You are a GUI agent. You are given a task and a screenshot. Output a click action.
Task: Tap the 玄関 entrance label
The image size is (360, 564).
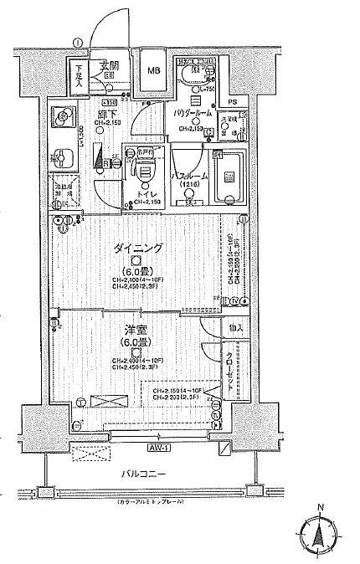click(x=109, y=64)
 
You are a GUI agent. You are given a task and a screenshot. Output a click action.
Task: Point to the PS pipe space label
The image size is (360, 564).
click(x=233, y=101)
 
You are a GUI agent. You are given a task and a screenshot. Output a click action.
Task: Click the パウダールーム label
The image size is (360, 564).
click(x=193, y=112)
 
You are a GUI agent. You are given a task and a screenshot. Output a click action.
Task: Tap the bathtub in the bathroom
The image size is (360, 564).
click(x=227, y=177)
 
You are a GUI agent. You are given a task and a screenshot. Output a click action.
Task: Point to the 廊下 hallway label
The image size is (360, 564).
click(x=107, y=114)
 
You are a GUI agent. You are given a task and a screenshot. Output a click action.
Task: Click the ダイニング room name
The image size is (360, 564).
click(x=133, y=249)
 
